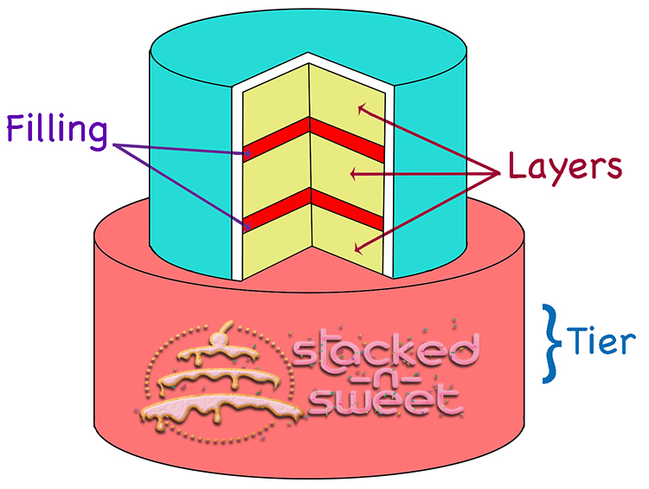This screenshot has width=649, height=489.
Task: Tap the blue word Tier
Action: tap(601, 341)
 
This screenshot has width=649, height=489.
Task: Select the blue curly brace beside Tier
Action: tap(551, 344)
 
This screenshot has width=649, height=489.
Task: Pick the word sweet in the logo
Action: tap(386, 401)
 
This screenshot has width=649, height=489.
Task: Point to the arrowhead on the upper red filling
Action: tap(247, 154)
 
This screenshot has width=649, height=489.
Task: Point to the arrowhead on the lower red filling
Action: tap(247, 226)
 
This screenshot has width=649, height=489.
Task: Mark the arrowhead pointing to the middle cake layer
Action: tap(354, 174)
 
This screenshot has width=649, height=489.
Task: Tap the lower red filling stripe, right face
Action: tap(346, 209)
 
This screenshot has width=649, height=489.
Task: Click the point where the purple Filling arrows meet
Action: tap(114, 145)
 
